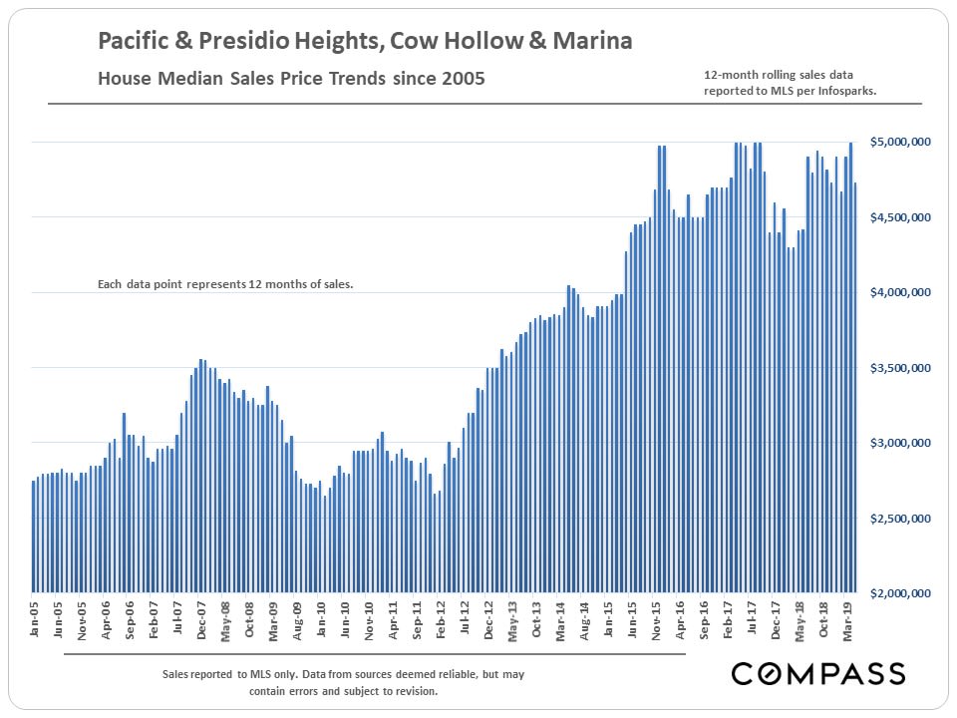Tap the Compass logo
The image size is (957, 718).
point(818,674)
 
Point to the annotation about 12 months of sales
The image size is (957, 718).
point(225,284)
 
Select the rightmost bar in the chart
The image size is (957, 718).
point(855,388)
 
